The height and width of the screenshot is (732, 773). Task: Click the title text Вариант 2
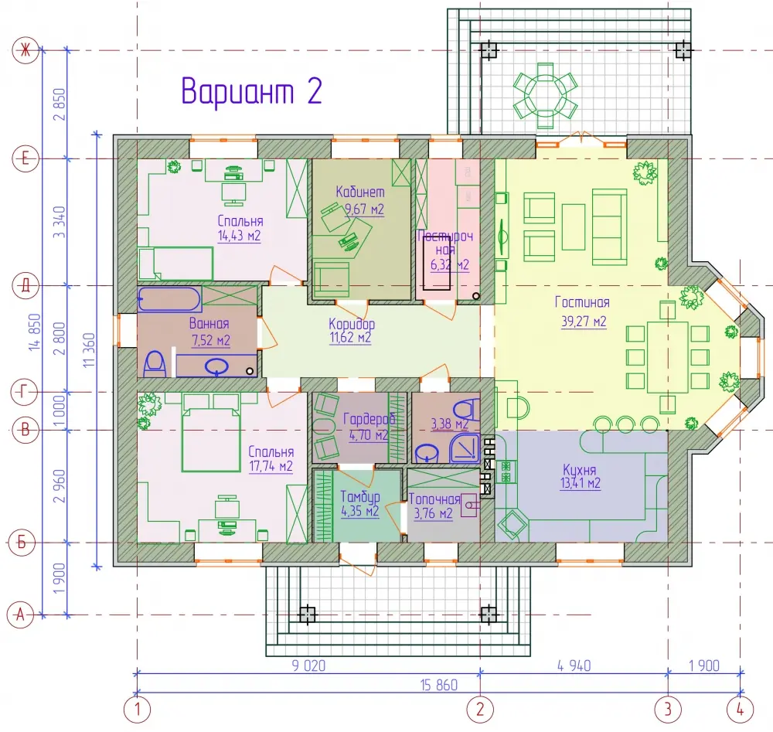[x=251, y=90]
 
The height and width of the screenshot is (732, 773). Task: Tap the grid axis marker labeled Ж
[x=26, y=50]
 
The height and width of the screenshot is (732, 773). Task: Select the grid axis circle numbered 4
[x=740, y=710]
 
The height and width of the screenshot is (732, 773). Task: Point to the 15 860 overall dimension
[x=439, y=685]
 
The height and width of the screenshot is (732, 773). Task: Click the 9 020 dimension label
[x=308, y=666]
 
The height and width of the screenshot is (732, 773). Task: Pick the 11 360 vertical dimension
[x=89, y=350]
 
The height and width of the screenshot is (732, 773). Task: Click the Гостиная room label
[x=582, y=301]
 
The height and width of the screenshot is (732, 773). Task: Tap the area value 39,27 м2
[x=584, y=322]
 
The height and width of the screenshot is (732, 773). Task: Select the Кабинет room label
[x=360, y=191]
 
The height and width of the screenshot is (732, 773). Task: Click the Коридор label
[x=352, y=324]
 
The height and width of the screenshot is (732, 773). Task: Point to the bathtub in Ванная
[x=169, y=298]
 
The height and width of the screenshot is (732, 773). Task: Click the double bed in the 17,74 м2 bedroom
[x=211, y=433]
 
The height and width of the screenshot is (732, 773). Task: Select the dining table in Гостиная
[x=668, y=350]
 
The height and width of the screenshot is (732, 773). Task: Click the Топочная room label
[x=434, y=499]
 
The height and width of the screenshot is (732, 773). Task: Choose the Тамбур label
[x=360, y=496]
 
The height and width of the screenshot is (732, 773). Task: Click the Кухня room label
[x=580, y=469]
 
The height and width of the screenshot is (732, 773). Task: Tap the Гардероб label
[x=369, y=419]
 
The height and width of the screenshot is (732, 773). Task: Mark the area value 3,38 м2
[x=450, y=424]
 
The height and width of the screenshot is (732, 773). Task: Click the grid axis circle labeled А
[x=20, y=615]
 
